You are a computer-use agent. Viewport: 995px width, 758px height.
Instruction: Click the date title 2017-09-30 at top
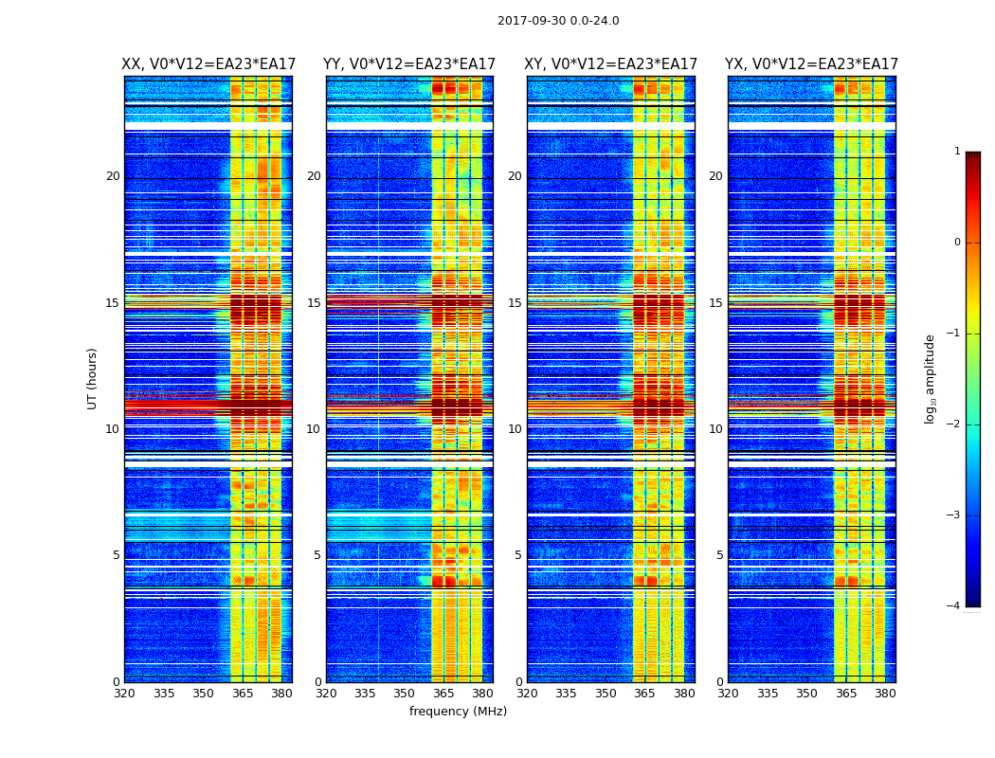558,21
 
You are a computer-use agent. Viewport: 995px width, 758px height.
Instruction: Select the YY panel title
409,64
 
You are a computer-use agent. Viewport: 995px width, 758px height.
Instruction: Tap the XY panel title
610,64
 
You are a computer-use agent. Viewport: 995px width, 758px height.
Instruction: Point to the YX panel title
811,64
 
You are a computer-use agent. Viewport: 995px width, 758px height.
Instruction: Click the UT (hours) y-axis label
93,378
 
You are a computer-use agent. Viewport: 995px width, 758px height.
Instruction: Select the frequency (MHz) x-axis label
458,712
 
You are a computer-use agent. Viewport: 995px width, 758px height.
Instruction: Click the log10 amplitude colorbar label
931,378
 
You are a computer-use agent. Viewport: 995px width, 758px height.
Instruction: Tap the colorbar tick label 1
957,152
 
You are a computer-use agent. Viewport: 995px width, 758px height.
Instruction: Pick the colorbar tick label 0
957,243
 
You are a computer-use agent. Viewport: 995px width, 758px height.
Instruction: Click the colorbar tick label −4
955,606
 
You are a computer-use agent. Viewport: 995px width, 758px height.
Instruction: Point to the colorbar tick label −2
955,424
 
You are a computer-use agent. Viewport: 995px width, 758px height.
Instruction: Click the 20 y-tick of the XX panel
113,176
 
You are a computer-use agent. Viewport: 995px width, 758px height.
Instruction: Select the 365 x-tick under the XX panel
243,694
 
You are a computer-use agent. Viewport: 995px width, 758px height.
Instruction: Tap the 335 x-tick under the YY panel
365,694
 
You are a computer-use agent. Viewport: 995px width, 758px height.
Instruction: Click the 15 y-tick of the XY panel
515,303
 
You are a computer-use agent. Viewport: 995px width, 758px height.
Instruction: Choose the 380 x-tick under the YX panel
885,694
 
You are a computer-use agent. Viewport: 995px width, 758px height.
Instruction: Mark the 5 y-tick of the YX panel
720,555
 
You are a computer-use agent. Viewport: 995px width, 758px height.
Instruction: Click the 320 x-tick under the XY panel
527,694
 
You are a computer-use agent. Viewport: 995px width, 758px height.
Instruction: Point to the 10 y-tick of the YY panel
314,429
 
